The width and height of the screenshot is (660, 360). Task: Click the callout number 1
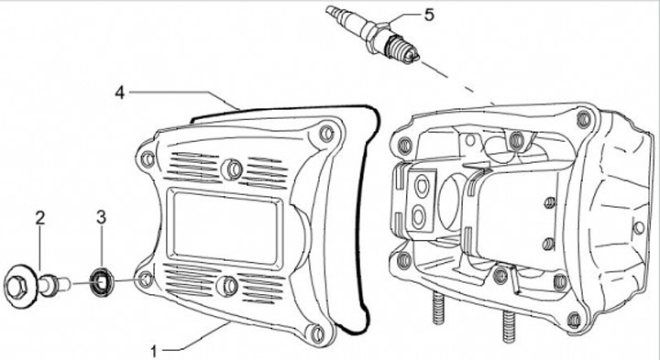click(x=154, y=351)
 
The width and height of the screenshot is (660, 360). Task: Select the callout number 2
click(x=40, y=217)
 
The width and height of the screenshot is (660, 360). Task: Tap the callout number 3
click(x=101, y=217)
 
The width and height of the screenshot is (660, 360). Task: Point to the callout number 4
click(x=120, y=93)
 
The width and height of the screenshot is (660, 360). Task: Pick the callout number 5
click(x=428, y=16)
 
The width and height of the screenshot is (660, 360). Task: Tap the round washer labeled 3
click(x=102, y=281)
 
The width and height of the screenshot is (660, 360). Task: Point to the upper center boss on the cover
click(x=232, y=169)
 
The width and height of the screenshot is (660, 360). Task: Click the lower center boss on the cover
click(x=227, y=286)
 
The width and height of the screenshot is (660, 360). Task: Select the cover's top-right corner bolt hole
click(x=326, y=134)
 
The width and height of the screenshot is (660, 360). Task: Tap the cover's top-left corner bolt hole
click(x=148, y=159)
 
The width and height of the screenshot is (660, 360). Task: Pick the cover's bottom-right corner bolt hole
click(x=318, y=333)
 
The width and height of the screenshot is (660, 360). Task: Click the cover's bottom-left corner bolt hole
click(x=145, y=278)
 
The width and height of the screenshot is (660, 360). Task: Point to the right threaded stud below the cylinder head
click(x=509, y=326)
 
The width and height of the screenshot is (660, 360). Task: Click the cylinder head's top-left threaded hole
click(x=404, y=145)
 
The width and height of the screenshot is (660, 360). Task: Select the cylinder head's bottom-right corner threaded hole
click(x=573, y=321)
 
